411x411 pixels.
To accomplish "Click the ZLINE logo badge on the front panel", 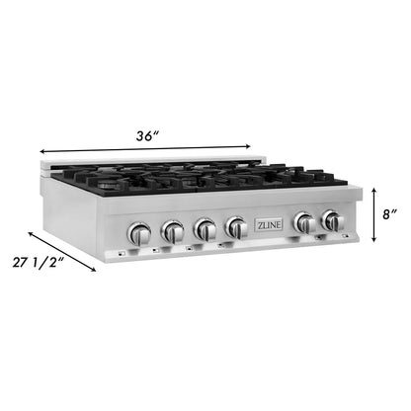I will (270, 223).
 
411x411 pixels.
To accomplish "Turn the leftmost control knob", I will (140, 234).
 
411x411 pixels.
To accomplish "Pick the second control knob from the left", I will (173, 232).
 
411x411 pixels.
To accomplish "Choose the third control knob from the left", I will (205, 230).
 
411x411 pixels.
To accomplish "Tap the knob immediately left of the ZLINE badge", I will (237, 227).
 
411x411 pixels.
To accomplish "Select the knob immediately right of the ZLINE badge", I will (305, 223).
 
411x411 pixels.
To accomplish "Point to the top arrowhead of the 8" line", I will (373, 188).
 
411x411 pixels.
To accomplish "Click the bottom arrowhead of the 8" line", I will (373, 240).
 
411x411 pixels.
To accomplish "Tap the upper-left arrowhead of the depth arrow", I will (31, 233).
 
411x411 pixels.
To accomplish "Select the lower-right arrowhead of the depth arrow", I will (95, 270).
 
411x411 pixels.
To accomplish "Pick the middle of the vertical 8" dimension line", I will (373, 213).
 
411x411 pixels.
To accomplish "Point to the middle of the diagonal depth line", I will (62, 251).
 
